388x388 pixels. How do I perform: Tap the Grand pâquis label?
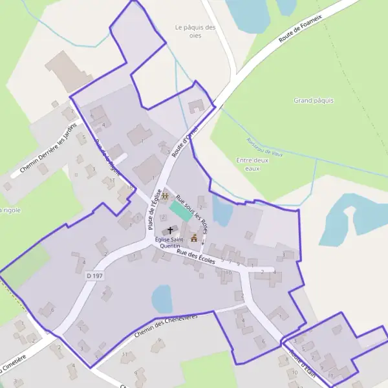point(314,100)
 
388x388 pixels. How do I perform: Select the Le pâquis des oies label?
point(195,31)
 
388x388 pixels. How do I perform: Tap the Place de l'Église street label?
point(154,210)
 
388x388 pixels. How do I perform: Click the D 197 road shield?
point(94,276)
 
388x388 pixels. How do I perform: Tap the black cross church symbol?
point(171,230)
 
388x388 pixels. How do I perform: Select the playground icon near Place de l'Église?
point(165,196)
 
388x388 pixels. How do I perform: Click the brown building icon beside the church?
point(193,238)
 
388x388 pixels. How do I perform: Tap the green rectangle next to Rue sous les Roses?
point(178,210)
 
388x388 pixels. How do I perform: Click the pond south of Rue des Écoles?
point(162,299)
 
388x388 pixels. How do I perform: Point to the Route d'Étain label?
point(302,364)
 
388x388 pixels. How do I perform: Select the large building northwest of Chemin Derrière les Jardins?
point(68,71)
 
